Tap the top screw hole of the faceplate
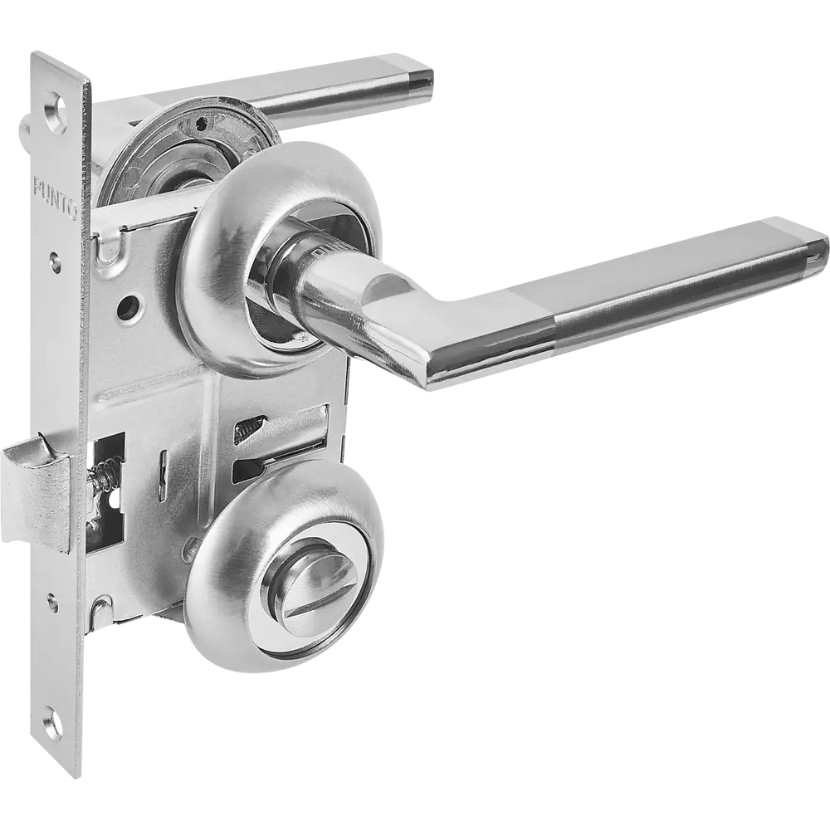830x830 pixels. (56, 113)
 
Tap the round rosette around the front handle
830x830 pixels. (280, 259)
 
